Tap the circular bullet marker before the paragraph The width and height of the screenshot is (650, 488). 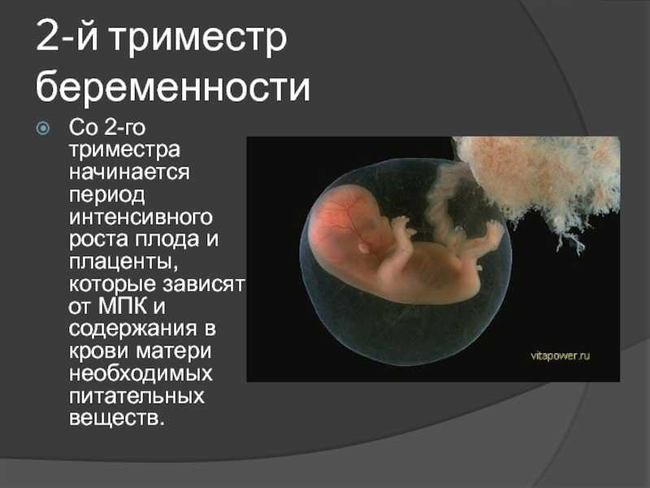[x=43, y=129]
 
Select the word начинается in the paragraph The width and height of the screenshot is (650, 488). [x=129, y=172]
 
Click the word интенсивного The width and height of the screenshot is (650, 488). [x=141, y=217]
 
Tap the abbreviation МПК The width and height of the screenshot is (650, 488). [x=123, y=306]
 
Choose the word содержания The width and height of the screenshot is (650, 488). [x=132, y=329]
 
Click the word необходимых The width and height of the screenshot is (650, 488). [x=141, y=373]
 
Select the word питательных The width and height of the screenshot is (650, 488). [x=136, y=396]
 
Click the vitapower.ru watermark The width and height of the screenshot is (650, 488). [x=560, y=355]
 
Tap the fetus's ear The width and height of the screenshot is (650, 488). [x=363, y=248]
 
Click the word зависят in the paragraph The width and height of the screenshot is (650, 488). [x=204, y=284]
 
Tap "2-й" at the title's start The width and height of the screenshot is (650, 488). [x=67, y=37]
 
